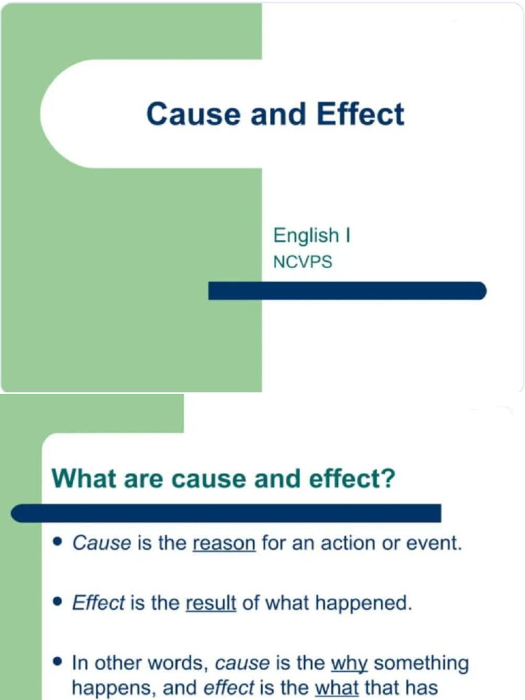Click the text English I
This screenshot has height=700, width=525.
click(x=312, y=236)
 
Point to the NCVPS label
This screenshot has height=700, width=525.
click(x=302, y=262)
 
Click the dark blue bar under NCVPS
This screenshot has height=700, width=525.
click(x=347, y=291)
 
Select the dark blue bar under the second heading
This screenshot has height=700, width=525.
click(x=226, y=513)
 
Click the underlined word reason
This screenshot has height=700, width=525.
click(x=224, y=543)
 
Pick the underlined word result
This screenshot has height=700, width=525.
click(x=211, y=604)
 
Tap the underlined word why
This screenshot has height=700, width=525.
click(x=349, y=664)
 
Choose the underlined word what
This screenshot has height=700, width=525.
click(x=336, y=688)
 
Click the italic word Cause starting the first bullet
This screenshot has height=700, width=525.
click(x=101, y=543)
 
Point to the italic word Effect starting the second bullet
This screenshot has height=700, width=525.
click(x=98, y=604)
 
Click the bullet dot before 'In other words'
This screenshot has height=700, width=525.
click(x=58, y=663)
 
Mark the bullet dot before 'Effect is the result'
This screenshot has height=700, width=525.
click(x=58, y=603)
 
